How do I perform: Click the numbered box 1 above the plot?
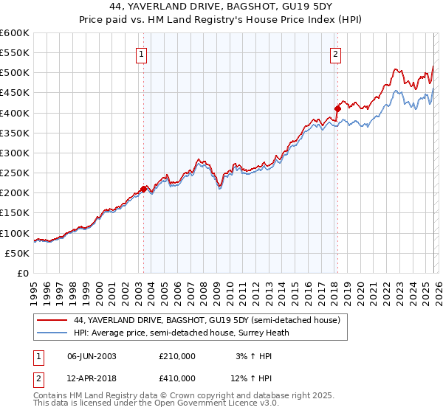coord(141,53)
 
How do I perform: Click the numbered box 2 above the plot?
coord(336,53)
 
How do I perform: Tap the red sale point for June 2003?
coord(143,189)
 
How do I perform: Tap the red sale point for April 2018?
coord(337,108)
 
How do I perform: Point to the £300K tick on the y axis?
coord(15,153)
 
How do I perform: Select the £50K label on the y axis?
coord(17,253)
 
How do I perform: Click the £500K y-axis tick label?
coord(15,73)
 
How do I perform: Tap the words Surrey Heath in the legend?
coord(269,333)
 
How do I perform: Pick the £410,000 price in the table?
coord(177,378)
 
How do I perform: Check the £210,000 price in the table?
coord(177,356)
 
